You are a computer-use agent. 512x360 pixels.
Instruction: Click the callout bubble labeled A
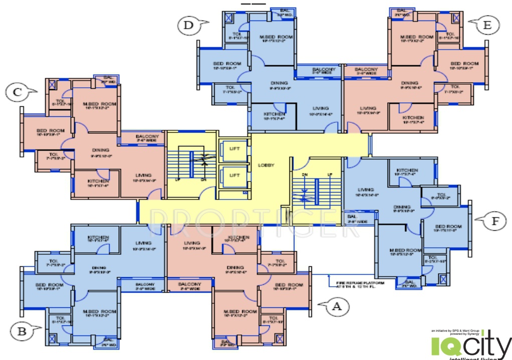[x=336, y=306]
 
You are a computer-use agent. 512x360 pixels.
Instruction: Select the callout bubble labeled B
[x=22, y=331]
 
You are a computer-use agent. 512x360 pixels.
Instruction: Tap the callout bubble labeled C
[x=18, y=92]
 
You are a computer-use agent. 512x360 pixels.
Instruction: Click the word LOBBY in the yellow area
[x=266, y=165]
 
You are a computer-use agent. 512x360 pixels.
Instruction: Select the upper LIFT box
[x=234, y=149]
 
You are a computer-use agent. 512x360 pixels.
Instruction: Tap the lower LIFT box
[x=234, y=175]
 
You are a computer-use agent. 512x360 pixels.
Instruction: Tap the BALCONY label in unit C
[x=147, y=136]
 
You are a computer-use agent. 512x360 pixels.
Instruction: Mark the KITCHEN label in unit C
[x=98, y=181]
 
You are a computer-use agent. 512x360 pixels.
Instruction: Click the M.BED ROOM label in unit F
[x=406, y=250]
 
